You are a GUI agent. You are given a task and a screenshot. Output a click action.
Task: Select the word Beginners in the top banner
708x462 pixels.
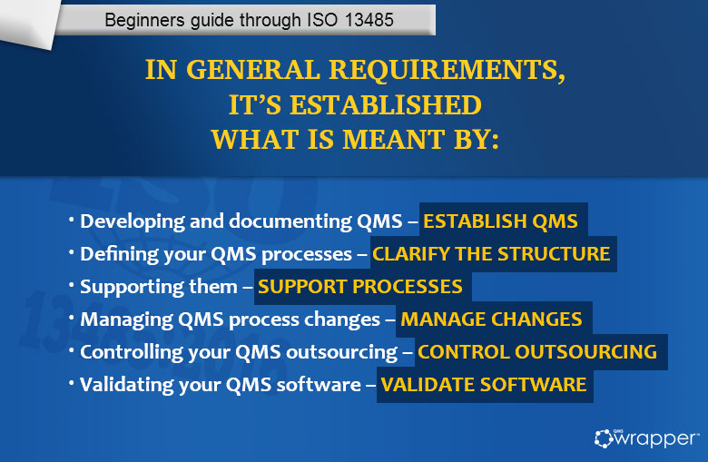[x=141, y=19]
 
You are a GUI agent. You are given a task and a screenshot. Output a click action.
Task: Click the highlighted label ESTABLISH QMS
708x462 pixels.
[x=500, y=221]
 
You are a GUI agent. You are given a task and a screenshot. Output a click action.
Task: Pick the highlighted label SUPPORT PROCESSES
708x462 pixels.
[x=360, y=287]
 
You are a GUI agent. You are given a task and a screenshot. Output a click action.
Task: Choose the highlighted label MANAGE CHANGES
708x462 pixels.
[x=491, y=319]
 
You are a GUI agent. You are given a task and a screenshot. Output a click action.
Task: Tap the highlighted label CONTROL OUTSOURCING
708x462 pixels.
[x=536, y=351]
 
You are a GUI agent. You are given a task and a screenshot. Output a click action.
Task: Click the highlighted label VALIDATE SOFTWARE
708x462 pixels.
[x=483, y=384]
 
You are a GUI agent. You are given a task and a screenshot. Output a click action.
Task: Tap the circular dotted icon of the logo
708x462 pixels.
[x=605, y=438]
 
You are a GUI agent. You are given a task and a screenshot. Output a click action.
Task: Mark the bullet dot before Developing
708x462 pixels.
[x=72, y=221]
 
